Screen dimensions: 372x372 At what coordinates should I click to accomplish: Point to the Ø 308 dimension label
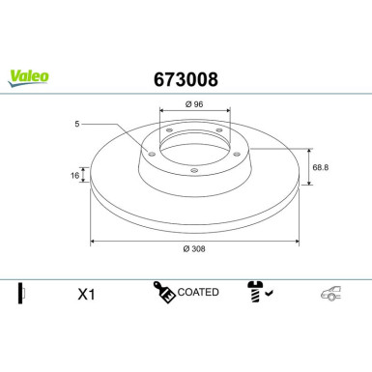193,247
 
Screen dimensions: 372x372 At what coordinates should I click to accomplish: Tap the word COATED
199,292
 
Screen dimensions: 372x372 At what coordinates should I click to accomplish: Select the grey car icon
329,293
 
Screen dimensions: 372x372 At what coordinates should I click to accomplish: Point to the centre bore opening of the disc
193,147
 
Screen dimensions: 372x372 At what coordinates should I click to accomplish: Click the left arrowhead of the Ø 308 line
94,240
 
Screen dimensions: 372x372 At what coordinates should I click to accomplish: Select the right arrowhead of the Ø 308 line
293,240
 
